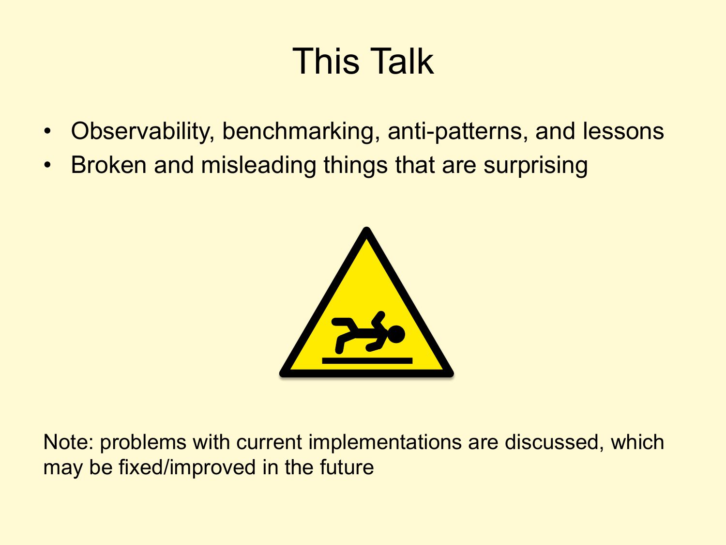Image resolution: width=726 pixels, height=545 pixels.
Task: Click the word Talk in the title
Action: click(401, 61)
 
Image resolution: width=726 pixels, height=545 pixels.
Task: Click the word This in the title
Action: click(326, 61)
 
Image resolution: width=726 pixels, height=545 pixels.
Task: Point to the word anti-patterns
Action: click(458, 132)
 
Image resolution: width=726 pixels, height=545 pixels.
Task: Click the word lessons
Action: click(623, 131)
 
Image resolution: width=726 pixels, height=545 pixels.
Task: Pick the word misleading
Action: click(258, 166)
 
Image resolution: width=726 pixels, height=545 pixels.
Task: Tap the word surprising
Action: click(535, 166)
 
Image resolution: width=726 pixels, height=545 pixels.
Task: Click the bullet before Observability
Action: click(47, 131)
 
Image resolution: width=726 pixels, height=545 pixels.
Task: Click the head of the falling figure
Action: click(395, 334)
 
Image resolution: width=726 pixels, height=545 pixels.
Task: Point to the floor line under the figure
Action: click(367, 360)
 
